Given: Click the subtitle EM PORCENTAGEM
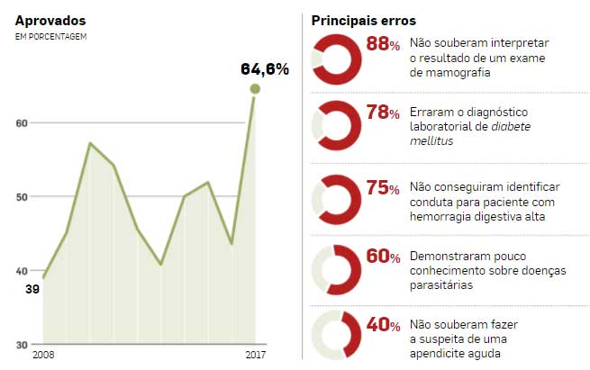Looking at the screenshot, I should pos(51,36).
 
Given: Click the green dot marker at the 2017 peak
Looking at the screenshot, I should pos(255,88).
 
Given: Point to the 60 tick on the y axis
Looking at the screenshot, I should pos(22,123).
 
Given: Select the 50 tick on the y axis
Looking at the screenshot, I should pos(22,197).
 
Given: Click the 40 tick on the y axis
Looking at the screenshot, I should pos(22,271).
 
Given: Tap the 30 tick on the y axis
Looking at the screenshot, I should pos(22,345).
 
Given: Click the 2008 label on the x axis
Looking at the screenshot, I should pos(42,356).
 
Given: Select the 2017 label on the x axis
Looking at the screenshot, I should pos(256,356).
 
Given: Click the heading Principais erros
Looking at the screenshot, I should pos(363,20).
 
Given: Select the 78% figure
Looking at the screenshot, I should pos(383,113).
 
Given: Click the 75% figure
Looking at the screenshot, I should pos(383,187).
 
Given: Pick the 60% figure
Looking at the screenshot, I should pos(383,257).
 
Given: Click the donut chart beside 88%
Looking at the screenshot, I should pos(336,59).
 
